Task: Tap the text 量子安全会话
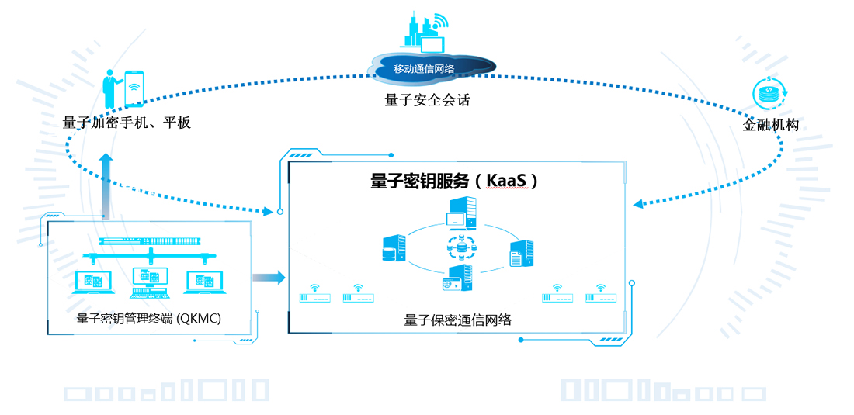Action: (427, 100)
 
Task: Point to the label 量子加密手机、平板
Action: (127, 123)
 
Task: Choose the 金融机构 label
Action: (770, 125)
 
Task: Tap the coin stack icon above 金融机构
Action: (769, 94)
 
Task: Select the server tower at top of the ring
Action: (461, 213)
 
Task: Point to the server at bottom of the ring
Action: (458, 279)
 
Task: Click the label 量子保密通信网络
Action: (458, 320)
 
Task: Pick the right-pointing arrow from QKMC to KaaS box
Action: (268, 278)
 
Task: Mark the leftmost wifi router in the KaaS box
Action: (314, 295)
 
